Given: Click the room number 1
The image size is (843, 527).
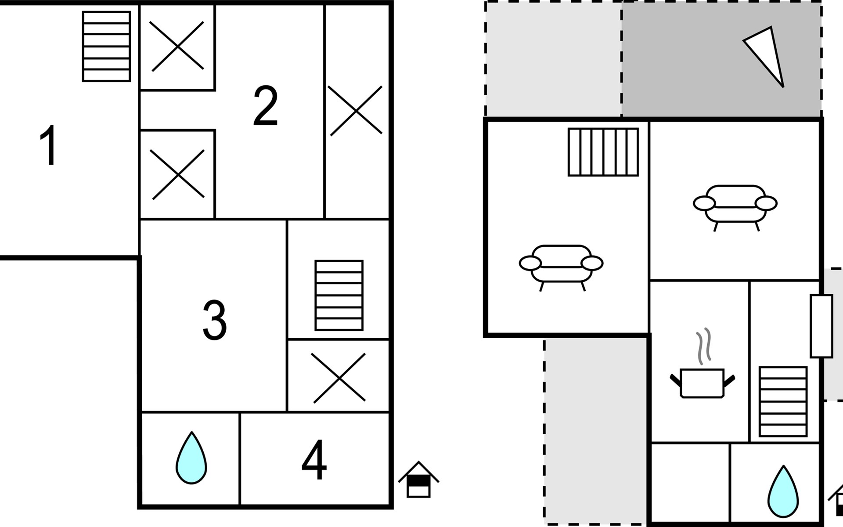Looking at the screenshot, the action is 48,145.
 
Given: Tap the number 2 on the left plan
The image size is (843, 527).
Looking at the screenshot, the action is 266,106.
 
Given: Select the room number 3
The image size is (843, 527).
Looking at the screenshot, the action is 214,320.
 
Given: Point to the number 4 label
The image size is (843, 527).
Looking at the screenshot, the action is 314,460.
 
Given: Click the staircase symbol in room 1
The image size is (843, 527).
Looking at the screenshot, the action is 107,47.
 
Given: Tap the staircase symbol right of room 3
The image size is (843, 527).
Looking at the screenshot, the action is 339,295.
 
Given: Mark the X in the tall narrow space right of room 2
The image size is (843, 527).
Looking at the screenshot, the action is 356,111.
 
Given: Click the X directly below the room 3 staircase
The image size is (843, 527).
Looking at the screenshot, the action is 339,378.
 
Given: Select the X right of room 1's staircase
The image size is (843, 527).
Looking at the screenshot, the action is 177,46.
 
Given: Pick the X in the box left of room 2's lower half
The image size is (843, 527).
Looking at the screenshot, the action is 177,174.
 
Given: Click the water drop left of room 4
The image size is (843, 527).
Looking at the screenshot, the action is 191,458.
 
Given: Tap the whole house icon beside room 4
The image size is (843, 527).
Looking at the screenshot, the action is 418,480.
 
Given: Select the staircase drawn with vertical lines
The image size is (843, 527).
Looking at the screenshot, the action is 603,152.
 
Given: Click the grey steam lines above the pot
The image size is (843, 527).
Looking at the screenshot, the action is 703,346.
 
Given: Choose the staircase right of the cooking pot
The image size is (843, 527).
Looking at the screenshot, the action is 783,401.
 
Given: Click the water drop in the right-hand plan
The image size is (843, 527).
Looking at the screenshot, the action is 783,491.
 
